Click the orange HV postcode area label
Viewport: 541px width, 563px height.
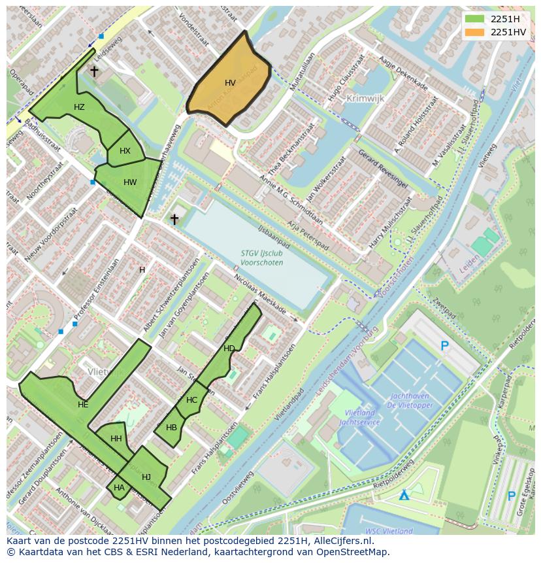[x=230, y=83]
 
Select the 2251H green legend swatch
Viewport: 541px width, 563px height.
[x=475, y=19]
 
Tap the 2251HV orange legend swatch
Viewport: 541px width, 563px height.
[x=475, y=32]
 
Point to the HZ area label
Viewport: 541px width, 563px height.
[x=79, y=107]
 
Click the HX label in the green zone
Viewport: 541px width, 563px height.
[x=125, y=151]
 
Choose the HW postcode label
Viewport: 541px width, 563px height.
[x=130, y=182]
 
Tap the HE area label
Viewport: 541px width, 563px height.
[x=83, y=405]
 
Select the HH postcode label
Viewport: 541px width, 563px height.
[x=116, y=439]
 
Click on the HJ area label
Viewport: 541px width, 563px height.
[x=146, y=477]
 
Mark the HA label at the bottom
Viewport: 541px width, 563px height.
[x=119, y=488]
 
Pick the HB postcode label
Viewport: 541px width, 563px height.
[x=171, y=428]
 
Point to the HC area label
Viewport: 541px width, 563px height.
[x=191, y=400]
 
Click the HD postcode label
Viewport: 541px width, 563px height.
[x=229, y=349]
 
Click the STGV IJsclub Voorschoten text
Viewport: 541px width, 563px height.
[x=261, y=258]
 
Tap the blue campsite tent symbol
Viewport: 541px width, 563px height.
[x=404, y=494]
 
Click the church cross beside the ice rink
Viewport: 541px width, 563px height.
[x=174, y=219]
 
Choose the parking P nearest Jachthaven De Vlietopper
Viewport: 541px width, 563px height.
[x=445, y=346]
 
